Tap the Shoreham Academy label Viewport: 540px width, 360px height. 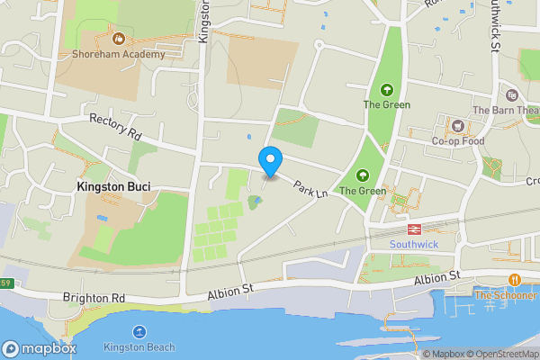(120, 54)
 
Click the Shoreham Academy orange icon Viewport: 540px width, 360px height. (119, 38)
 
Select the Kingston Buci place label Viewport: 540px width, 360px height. (112, 186)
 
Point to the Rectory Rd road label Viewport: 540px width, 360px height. (116, 127)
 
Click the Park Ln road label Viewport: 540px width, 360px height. (310, 191)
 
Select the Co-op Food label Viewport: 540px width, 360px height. (457, 141)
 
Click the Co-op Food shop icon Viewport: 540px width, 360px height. (457, 126)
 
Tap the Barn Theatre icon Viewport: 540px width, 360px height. (512, 95)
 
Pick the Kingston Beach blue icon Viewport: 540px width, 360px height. (139, 331)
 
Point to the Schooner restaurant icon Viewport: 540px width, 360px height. (515, 279)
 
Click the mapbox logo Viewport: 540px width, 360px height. (40, 348)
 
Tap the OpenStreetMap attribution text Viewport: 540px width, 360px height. (499, 354)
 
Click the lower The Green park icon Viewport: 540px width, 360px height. (363, 175)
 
